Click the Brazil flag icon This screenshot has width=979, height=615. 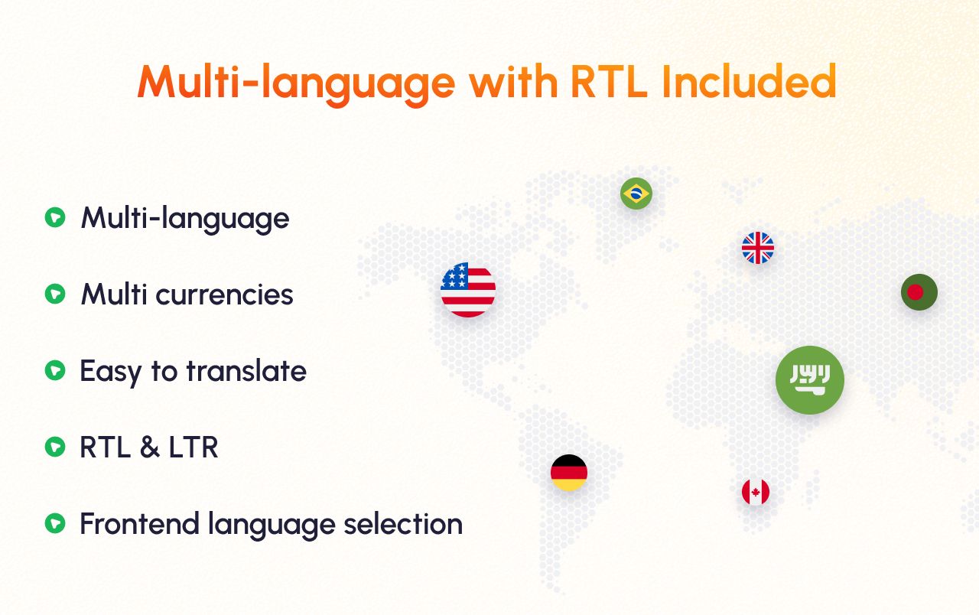coord(636,194)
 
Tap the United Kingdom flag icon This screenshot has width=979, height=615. coord(758,248)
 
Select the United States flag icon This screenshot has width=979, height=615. coord(468,290)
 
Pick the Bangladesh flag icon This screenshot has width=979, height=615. coord(919,292)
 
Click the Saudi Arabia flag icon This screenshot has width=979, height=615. coord(810,380)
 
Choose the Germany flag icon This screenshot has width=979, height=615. coord(569,473)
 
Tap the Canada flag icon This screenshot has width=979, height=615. coord(756,492)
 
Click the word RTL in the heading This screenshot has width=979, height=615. coord(609,82)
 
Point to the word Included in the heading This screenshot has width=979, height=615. coord(749,81)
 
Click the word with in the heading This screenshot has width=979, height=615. coord(514,81)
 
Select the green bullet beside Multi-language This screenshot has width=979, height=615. coord(55,217)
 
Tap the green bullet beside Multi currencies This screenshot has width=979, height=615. coord(55,294)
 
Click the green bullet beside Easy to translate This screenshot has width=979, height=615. coord(55,370)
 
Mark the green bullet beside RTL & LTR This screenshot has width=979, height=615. coord(55,447)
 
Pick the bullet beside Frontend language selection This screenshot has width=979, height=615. coord(55,523)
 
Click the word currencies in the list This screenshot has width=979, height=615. coord(224,294)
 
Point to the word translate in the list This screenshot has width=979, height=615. coord(246,371)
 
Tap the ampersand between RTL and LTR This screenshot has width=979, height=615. coord(149,447)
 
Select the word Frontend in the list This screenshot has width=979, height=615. coord(139,524)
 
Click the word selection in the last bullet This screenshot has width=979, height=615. coord(403,524)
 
